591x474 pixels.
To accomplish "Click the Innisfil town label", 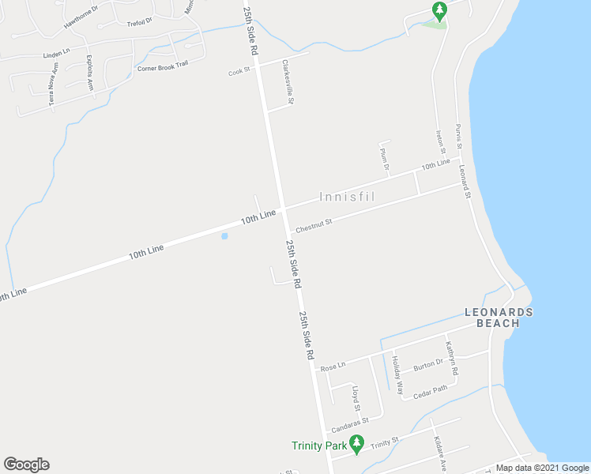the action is [x=348, y=196].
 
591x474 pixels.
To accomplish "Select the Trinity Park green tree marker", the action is [x=356, y=446].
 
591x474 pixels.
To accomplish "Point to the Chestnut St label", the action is [x=314, y=226].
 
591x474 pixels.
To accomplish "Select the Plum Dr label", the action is [x=385, y=159].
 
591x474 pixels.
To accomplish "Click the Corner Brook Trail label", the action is [x=163, y=67].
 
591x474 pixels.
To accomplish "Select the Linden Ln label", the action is [x=56, y=55].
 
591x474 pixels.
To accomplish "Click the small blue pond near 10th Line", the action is [x=225, y=235].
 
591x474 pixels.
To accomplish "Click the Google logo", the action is [x=26, y=465].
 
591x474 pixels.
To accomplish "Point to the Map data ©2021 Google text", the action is [x=542, y=468].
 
